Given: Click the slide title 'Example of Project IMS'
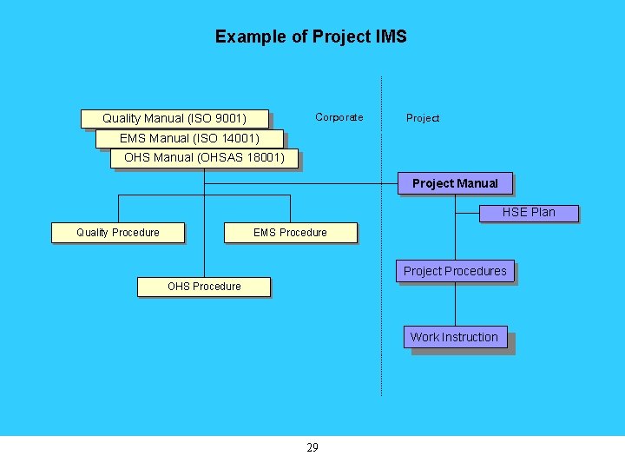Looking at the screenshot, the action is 311,36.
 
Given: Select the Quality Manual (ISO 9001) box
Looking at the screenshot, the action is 174,118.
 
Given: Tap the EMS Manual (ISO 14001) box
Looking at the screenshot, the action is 189,139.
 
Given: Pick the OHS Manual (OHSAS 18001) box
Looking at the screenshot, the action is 204,158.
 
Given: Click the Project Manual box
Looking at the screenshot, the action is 455,183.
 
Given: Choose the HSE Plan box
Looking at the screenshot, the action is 529,212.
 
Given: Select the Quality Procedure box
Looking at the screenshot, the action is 118,232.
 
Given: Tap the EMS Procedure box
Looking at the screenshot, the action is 290,232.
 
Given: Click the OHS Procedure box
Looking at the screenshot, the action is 204,286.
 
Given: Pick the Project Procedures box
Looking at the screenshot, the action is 455,271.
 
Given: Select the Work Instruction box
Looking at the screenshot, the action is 454,337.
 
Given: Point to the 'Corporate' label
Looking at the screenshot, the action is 339,117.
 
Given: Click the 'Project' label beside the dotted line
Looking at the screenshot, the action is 423,118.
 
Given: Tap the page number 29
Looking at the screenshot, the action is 312,447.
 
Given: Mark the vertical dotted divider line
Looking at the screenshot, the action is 381,261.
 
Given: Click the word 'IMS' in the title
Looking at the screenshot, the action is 391,36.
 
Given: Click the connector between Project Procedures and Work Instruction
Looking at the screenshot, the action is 455,304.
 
